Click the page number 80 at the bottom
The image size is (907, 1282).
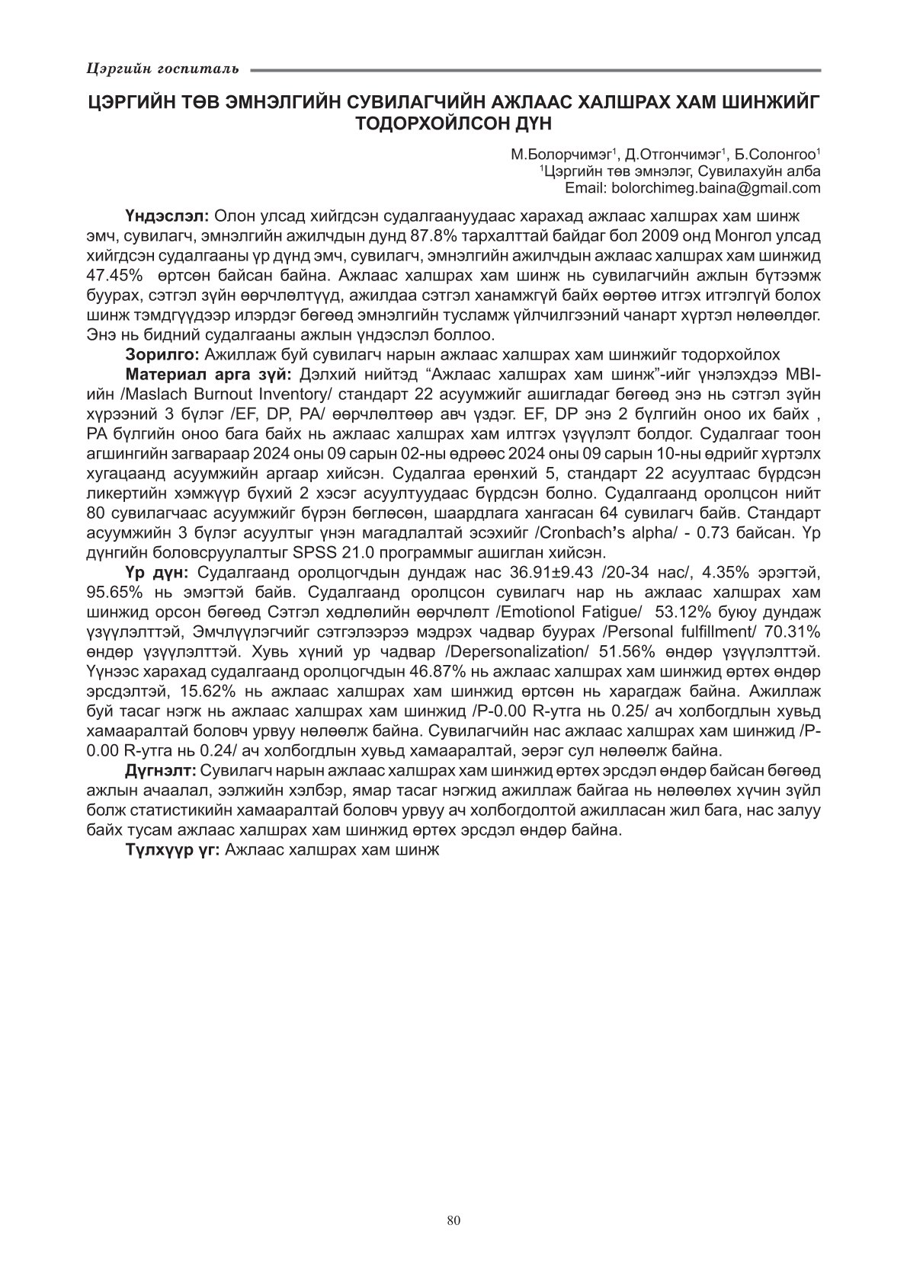pos(453,1220)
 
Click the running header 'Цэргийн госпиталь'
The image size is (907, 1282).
pos(162,70)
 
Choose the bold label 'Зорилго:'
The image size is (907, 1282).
pos(163,354)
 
